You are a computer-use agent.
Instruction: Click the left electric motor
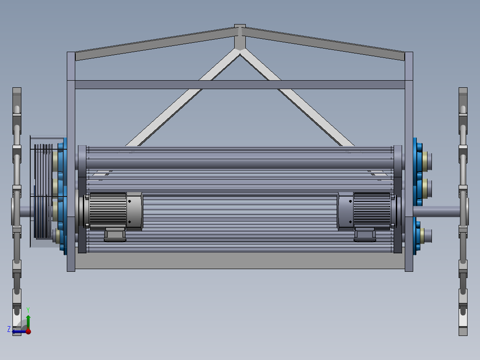pos(112,211)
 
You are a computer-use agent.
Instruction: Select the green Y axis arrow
pos(28,322)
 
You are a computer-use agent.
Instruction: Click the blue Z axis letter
pos(9,329)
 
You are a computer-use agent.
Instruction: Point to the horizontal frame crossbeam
pos(240,85)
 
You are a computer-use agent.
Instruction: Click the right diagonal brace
pos(297,98)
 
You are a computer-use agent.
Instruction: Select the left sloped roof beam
pos(155,44)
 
